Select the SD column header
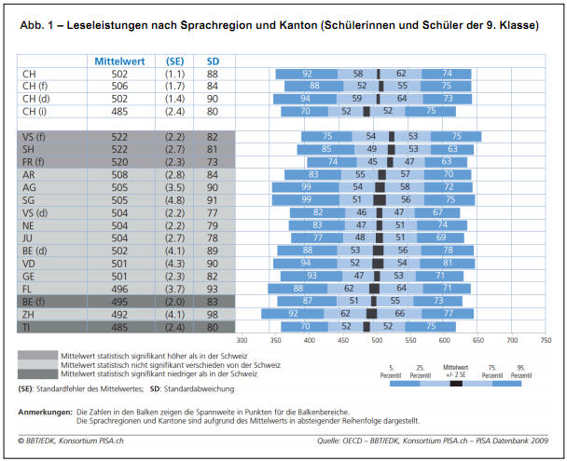pos(213,61)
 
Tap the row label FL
pos(27,289)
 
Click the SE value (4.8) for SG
pos(174,199)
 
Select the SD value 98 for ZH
pos(213,314)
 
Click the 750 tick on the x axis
pos(546,340)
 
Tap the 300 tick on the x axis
pos(241,340)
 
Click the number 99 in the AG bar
pos(306,187)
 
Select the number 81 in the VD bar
pos(450,264)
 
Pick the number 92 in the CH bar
pos(307,74)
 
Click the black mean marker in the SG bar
pos(380,199)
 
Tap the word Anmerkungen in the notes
pos(44,411)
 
